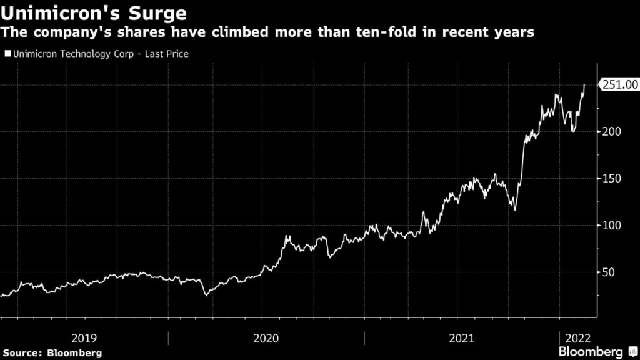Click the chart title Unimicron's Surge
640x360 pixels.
pos(94,12)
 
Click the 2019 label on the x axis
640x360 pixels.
pos(84,338)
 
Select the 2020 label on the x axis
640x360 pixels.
pos(266,338)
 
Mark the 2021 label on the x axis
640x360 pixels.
pos(462,338)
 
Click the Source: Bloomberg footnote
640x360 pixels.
pos(51,353)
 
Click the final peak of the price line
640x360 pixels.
pos(584,85)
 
